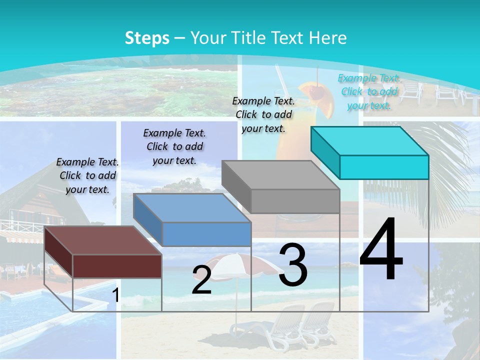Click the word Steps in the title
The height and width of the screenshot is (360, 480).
coord(147,38)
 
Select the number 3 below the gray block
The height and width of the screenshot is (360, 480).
coord(293,265)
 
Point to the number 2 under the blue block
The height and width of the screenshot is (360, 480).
coord(201,280)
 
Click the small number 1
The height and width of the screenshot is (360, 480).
coord(115,295)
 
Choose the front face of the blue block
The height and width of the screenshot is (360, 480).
coord(207,234)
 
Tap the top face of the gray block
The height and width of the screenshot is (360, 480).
coord(280,175)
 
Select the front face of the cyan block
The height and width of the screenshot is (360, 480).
coord(384,167)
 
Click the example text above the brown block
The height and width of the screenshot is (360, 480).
coord(87,175)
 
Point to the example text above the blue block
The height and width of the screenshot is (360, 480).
coord(174,146)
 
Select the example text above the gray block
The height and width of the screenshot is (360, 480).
coord(263,114)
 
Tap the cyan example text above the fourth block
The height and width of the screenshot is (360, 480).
coord(369,91)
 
